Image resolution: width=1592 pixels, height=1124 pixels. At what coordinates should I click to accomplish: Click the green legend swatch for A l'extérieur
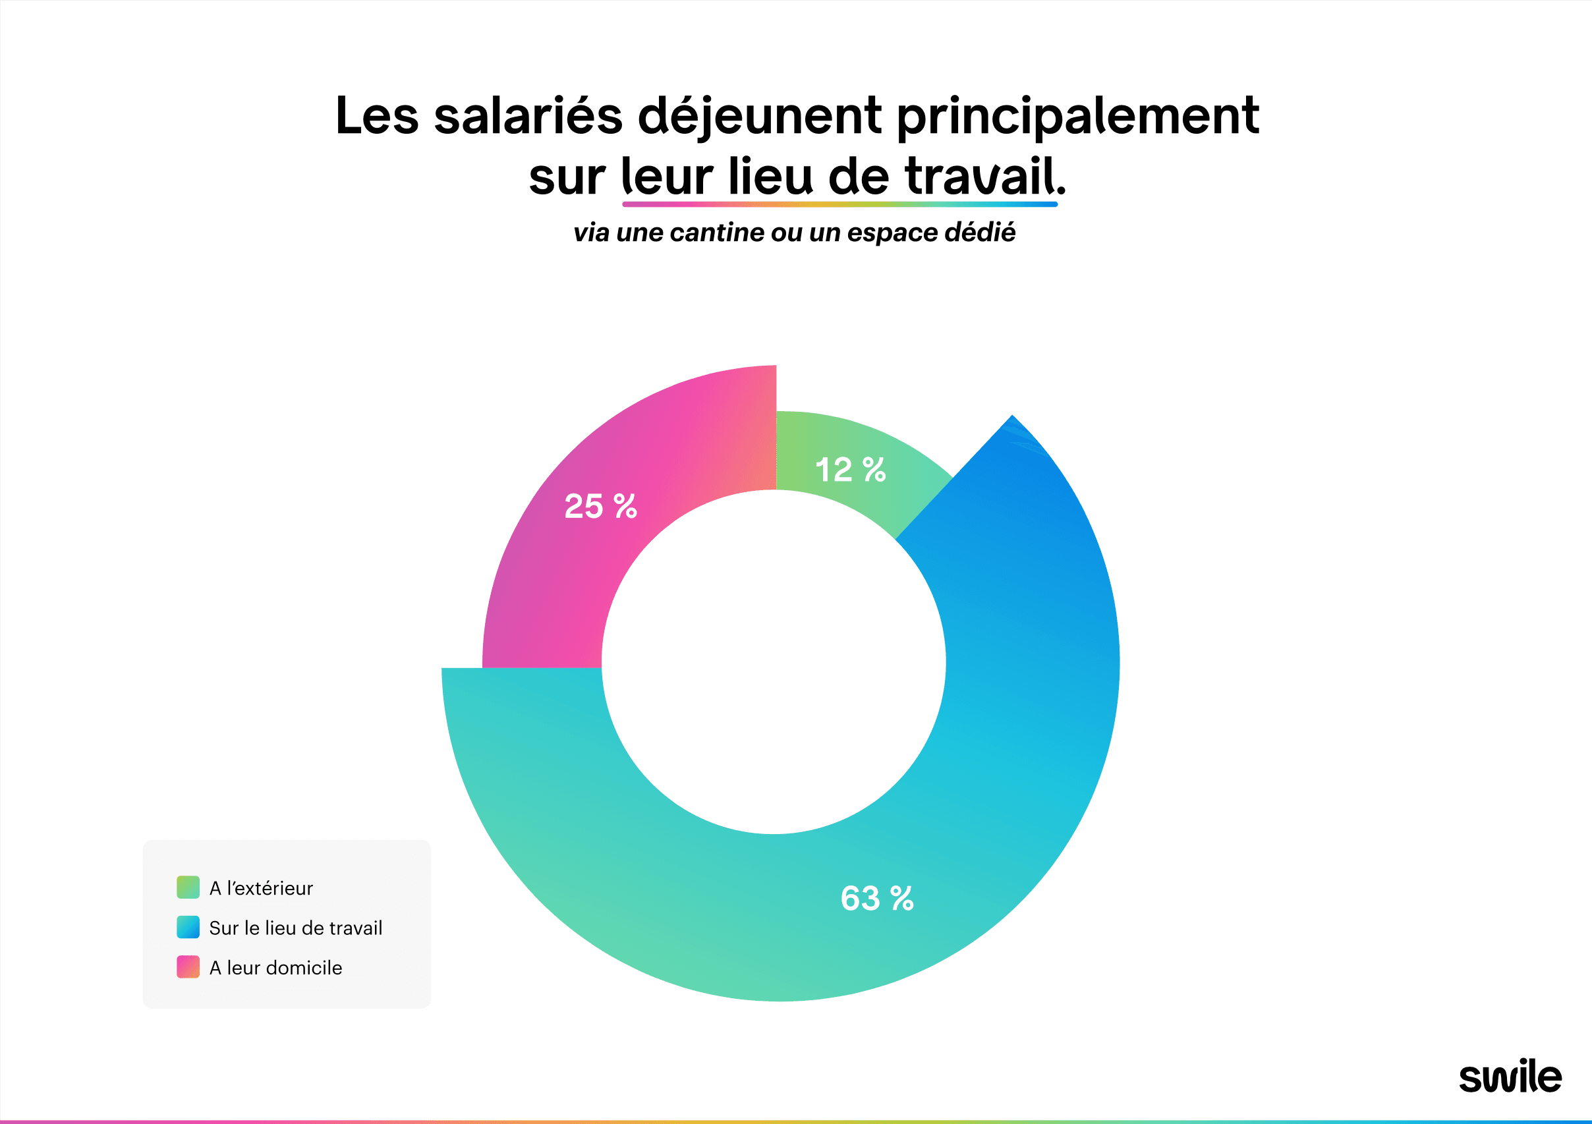coord(188,887)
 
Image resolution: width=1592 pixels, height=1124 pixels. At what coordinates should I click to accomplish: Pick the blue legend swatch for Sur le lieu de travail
coord(188,927)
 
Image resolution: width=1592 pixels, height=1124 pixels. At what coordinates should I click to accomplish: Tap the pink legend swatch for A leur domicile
coord(188,967)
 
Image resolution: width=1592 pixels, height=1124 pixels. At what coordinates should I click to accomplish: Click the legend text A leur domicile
coord(275,967)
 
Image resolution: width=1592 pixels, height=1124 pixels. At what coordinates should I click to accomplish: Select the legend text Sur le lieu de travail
coord(295,928)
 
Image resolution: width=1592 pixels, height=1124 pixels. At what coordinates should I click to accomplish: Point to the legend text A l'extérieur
coord(261,888)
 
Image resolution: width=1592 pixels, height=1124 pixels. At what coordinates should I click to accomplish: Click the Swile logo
coord(1510,1077)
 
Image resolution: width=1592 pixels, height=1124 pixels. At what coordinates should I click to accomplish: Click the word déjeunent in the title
coord(759,117)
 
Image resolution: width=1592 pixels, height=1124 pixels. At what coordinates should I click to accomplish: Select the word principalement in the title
coord(1077,117)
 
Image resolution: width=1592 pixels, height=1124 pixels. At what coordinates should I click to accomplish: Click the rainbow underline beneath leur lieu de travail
coord(839,204)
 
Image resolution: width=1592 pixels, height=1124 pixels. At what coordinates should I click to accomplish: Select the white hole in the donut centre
coord(773,662)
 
